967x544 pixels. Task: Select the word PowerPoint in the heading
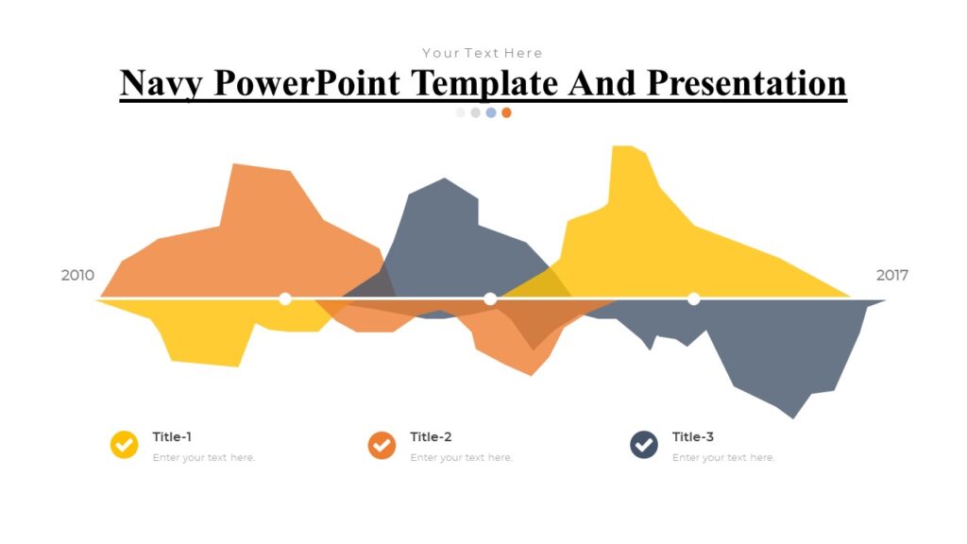[x=309, y=83]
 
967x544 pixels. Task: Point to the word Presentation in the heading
[x=746, y=83]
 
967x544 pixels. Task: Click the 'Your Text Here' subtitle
[x=483, y=53]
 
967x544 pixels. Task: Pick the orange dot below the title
[x=506, y=112]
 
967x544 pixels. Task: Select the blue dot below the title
[x=491, y=112]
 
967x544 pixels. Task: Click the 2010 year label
[x=77, y=276]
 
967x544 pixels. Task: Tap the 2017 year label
[x=891, y=276]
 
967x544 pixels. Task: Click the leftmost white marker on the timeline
[x=285, y=298]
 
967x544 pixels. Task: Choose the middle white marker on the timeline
[x=490, y=298]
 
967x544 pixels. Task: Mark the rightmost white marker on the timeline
[x=694, y=298]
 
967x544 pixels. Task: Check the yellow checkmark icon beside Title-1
[x=125, y=445]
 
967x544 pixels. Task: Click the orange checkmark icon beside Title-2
[x=382, y=445]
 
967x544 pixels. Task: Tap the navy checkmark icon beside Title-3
[x=644, y=445]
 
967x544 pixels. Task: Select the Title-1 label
[x=172, y=437]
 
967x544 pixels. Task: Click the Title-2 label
[x=431, y=437]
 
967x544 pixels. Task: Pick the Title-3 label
[x=693, y=437]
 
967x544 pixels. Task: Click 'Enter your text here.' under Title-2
[x=461, y=458]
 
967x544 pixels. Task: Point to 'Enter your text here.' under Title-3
[x=723, y=458]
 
